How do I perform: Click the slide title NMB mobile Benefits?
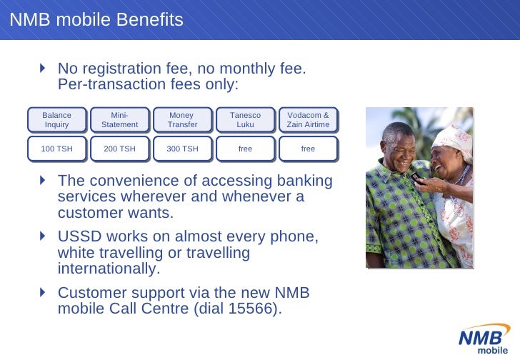coord(96,20)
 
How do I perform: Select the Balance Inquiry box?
coord(57,120)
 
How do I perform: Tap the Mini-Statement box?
coord(119,120)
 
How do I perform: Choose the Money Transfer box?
coord(182,120)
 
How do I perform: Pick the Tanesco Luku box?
coord(245,120)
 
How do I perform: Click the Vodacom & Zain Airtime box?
coord(308,120)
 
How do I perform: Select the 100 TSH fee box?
coord(57,149)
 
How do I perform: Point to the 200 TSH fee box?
coord(119,149)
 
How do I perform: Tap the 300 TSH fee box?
coord(182,149)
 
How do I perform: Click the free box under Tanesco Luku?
coord(245,149)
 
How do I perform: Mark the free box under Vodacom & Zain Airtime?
coord(308,149)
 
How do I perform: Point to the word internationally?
coord(106,269)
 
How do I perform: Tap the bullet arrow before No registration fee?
coord(43,69)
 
